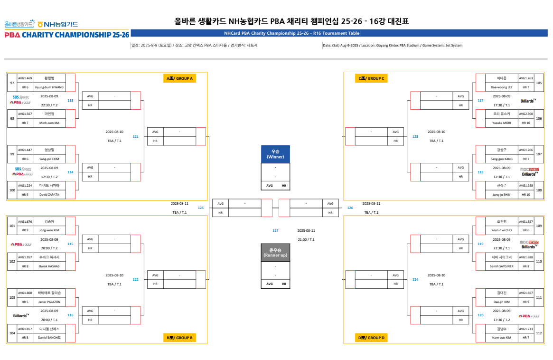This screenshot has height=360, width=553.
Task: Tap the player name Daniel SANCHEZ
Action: coord(49,338)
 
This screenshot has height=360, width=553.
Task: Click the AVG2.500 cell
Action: coord(526,114)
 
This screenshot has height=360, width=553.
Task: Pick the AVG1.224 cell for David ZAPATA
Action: coord(25,186)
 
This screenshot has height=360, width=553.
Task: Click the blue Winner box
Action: coord(275,154)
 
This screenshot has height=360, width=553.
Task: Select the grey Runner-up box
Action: coord(275,253)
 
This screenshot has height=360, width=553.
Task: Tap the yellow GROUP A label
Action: coord(179,78)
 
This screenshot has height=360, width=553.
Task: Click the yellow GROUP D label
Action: coord(371,338)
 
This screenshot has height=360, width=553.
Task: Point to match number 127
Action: coord(275,230)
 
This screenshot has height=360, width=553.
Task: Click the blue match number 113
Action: coord(70,100)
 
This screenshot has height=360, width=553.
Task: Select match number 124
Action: coord(415,279)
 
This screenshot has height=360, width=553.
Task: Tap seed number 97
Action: coord(12,83)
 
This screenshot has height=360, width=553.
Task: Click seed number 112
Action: coord(539,333)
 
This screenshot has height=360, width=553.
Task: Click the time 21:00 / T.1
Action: coord(306,240)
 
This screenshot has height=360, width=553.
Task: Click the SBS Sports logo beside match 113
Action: coord(21,97)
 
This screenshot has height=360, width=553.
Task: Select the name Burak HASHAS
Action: coord(49,266)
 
